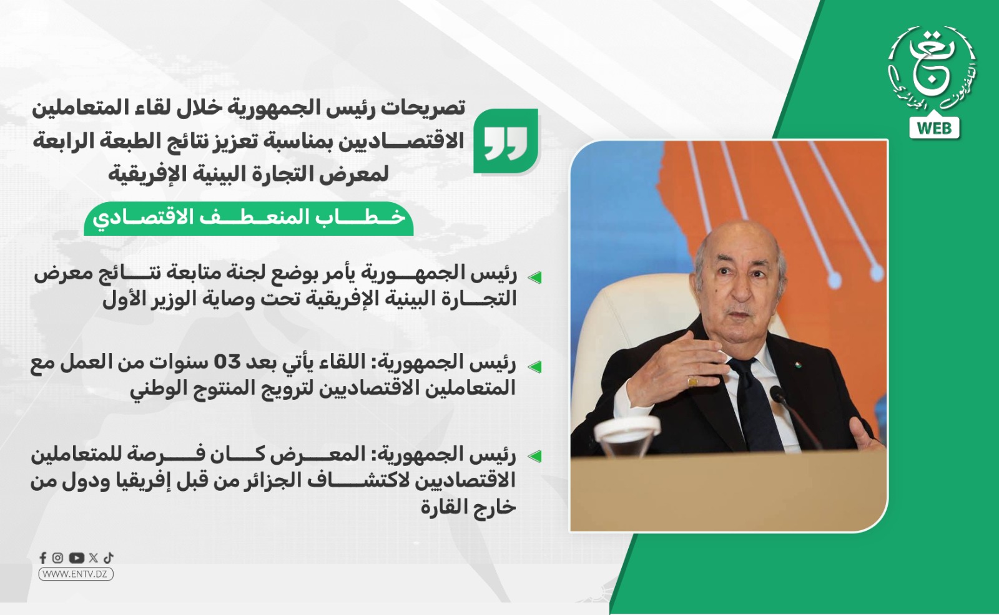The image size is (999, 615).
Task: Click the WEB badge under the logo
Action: pos(934,128)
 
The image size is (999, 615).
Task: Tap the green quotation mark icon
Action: pos(506,141)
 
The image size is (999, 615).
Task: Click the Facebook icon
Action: pos(43,558)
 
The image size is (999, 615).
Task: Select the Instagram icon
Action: pos(57,558)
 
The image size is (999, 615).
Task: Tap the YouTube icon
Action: pos(76,558)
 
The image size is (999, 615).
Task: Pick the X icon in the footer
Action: pos(93,558)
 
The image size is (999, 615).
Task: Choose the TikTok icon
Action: pos(109,558)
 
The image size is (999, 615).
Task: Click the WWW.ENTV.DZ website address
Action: pos(76,574)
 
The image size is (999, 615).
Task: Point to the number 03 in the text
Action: pos(227,363)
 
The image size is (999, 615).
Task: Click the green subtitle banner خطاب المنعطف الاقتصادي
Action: pos(249,219)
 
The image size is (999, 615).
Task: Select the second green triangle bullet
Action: pos(534,367)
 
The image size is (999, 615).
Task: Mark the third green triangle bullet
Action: pos(534,457)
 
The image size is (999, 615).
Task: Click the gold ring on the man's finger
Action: pos(692,382)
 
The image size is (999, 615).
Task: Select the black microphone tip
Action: pos(778,392)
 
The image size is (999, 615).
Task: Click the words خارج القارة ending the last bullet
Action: pos(468,507)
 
